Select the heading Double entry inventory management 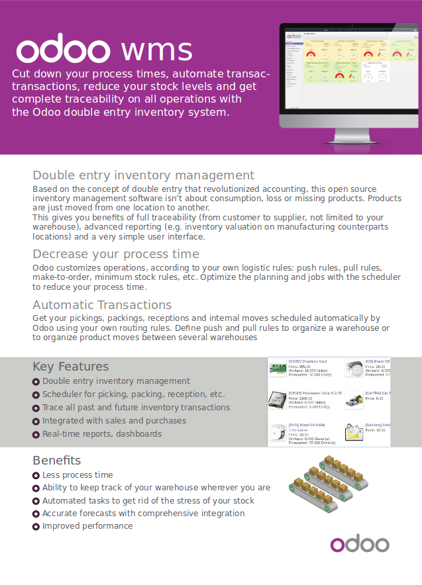click(143, 175)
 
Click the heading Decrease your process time click(115, 254)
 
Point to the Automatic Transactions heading click(102, 305)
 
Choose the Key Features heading click(70, 367)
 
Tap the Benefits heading click(56, 461)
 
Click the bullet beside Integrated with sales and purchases click(36, 422)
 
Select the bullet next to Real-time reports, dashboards click(36, 435)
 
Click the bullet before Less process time click(36, 475)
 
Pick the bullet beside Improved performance click(36, 527)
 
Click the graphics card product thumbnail click(278, 369)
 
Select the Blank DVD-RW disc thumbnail click(277, 431)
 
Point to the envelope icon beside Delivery click(353, 432)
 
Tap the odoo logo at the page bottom click(360, 544)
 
